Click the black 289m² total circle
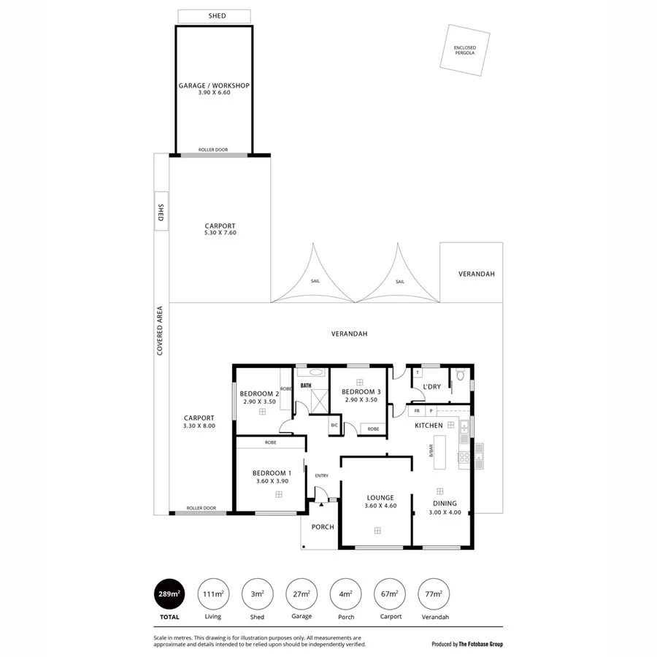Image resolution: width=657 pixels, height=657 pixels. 168,594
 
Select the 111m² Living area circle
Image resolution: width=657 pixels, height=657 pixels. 212,594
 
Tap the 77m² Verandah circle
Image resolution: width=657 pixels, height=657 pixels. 432,594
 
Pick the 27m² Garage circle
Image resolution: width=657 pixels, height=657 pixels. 301,594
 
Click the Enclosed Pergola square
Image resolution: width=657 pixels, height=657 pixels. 464,50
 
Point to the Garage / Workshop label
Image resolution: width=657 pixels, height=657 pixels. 214,85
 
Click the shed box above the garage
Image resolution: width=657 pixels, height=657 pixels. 214,16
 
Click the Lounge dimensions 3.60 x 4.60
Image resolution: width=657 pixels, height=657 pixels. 380,505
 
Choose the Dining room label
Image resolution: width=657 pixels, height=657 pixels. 445,503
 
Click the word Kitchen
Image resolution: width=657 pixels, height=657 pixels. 429,425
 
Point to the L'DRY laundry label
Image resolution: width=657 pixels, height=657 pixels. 431,387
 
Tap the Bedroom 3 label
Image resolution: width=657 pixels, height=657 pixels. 361,392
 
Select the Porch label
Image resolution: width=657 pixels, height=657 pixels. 322,527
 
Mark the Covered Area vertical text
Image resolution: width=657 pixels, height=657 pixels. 160,331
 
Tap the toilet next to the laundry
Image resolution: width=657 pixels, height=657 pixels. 460,374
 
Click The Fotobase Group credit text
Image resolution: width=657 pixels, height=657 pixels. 467,644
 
